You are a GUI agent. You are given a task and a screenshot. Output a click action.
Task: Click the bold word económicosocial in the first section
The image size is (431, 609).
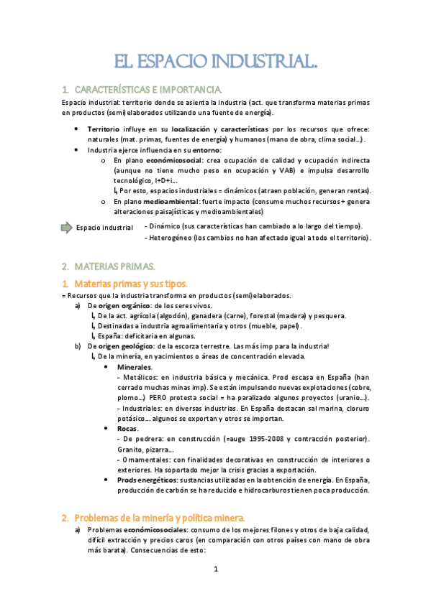pyautogui.click(x=175, y=160)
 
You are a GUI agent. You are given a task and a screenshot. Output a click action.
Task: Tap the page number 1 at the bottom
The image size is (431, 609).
pyautogui.click(x=216, y=570)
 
